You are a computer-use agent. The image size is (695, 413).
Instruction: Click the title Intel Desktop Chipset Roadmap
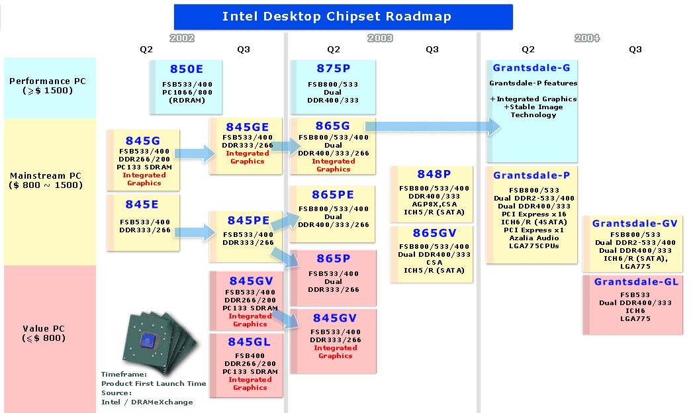pos(337,17)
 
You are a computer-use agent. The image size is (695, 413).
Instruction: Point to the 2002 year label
pos(182,38)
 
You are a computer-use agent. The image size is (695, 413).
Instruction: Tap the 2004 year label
pos(587,38)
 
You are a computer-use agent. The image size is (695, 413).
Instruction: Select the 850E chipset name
pos(187,69)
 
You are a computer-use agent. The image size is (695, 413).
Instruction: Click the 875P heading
pos(334,69)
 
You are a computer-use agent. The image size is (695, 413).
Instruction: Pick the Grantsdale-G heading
pos(532,68)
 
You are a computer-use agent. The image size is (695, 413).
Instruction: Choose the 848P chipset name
pos(434,174)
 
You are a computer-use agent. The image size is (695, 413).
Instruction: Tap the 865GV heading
pos(434,233)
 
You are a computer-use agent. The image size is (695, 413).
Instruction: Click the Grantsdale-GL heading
pos(636,282)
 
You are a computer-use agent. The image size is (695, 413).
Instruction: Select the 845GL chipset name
pos(249,342)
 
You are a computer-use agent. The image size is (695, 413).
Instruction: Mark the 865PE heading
pos(333,195)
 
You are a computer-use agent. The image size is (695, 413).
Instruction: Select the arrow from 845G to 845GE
pos(195,154)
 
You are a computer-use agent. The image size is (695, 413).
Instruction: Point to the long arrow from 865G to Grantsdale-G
pos(433,126)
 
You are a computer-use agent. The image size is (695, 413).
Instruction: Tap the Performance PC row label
pos(48,85)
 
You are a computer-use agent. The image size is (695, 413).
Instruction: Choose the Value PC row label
pos(44,333)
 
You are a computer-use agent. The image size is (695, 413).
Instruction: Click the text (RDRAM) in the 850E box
pos(187,101)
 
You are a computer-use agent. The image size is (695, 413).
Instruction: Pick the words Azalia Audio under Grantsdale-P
pos(534,238)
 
